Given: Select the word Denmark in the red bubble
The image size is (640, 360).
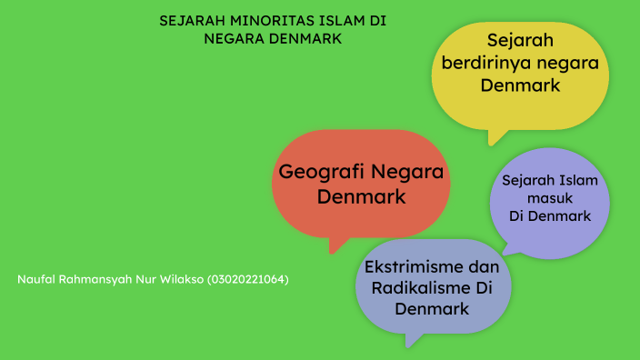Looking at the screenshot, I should [x=362, y=195].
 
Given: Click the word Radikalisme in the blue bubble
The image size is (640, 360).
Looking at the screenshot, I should [x=415, y=288].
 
